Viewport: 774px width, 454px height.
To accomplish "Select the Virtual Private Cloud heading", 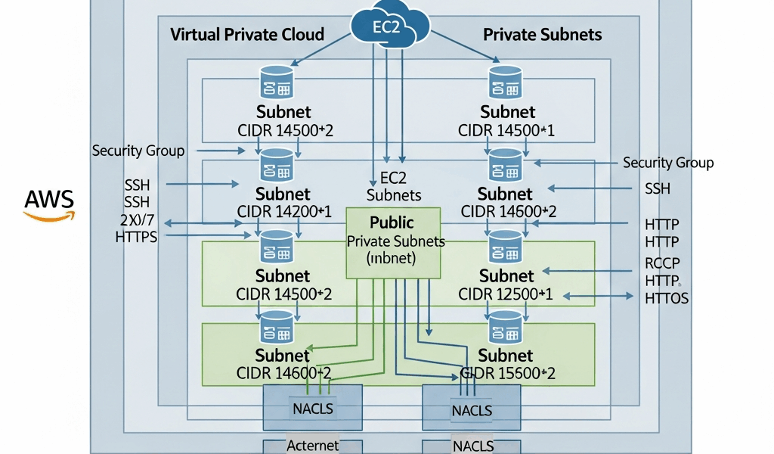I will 247,34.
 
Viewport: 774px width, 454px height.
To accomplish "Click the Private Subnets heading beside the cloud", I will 542,34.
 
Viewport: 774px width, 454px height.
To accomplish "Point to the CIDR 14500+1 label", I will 506,130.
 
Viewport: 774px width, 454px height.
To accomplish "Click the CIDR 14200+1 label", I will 284,211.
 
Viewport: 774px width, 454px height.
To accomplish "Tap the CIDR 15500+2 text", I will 508,373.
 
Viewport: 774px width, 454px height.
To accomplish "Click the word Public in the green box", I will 392,222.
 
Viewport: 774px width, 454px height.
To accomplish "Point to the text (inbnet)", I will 392,258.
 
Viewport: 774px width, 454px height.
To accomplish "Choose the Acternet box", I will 313,446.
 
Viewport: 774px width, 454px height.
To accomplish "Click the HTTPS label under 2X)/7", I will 136,237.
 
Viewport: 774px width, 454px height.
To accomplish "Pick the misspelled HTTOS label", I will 667,298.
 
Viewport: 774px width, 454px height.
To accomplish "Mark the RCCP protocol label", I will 663,263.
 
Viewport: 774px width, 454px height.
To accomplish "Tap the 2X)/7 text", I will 137,219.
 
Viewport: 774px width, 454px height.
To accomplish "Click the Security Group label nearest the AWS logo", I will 138,151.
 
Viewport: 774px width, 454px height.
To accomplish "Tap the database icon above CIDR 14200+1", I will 277,164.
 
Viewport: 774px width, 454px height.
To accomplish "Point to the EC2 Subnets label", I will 393,187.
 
